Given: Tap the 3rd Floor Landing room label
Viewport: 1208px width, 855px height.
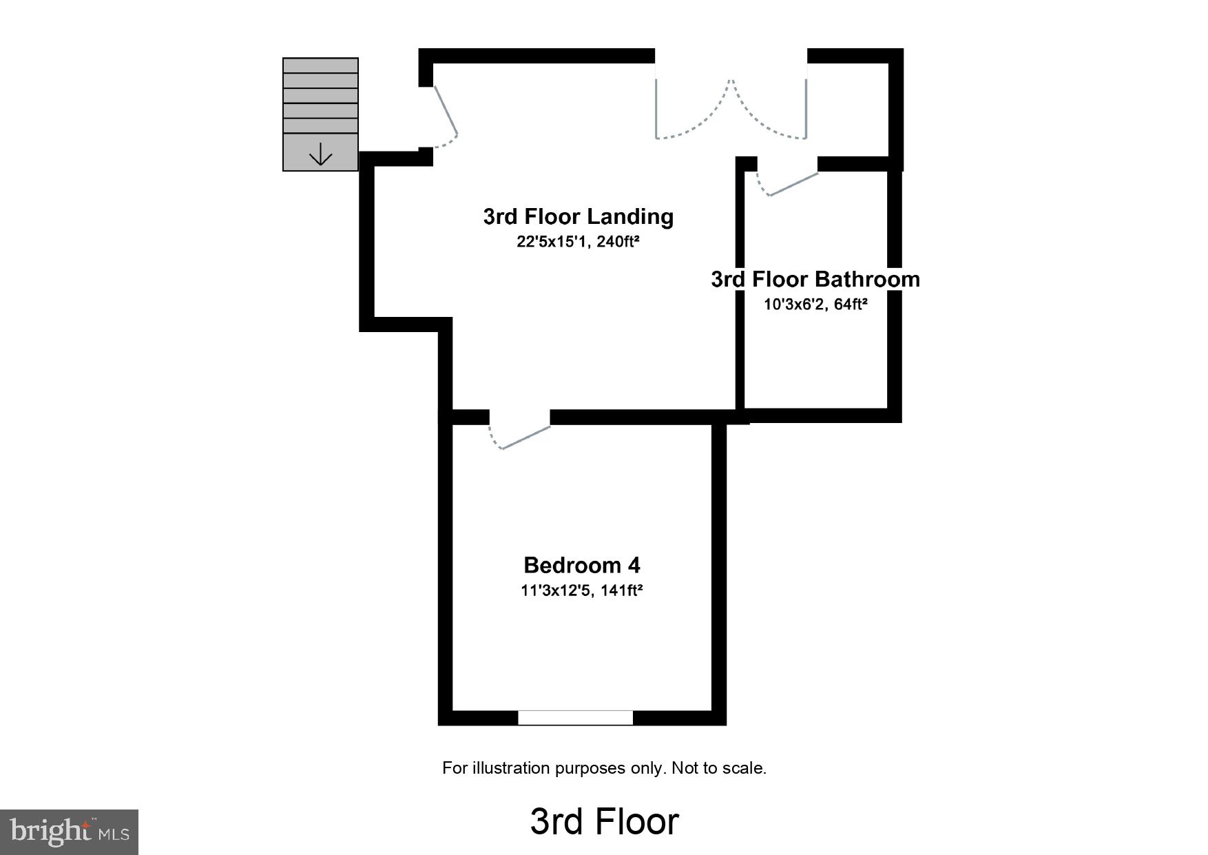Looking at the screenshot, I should tap(578, 216).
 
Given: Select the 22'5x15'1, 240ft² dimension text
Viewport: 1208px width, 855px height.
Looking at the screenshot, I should tap(578, 242).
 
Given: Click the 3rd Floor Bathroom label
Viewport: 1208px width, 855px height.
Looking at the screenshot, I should tap(815, 279).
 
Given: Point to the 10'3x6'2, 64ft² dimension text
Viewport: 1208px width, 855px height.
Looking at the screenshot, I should tap(815, 304).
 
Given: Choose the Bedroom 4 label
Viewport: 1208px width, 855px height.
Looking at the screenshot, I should tap(581, 565).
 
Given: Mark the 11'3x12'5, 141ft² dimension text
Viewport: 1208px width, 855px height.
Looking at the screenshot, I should tap(581, 590).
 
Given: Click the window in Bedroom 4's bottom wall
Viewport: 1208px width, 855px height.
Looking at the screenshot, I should tap(575, 717).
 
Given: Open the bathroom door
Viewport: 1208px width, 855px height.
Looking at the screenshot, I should tap(792, 184).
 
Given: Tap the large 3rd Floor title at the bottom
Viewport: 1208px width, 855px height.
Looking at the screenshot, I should tap(604, 821).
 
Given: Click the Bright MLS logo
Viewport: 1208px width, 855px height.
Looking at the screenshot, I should tap(69, 832).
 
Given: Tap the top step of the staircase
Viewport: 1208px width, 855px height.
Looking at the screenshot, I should tap(320, 65).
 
